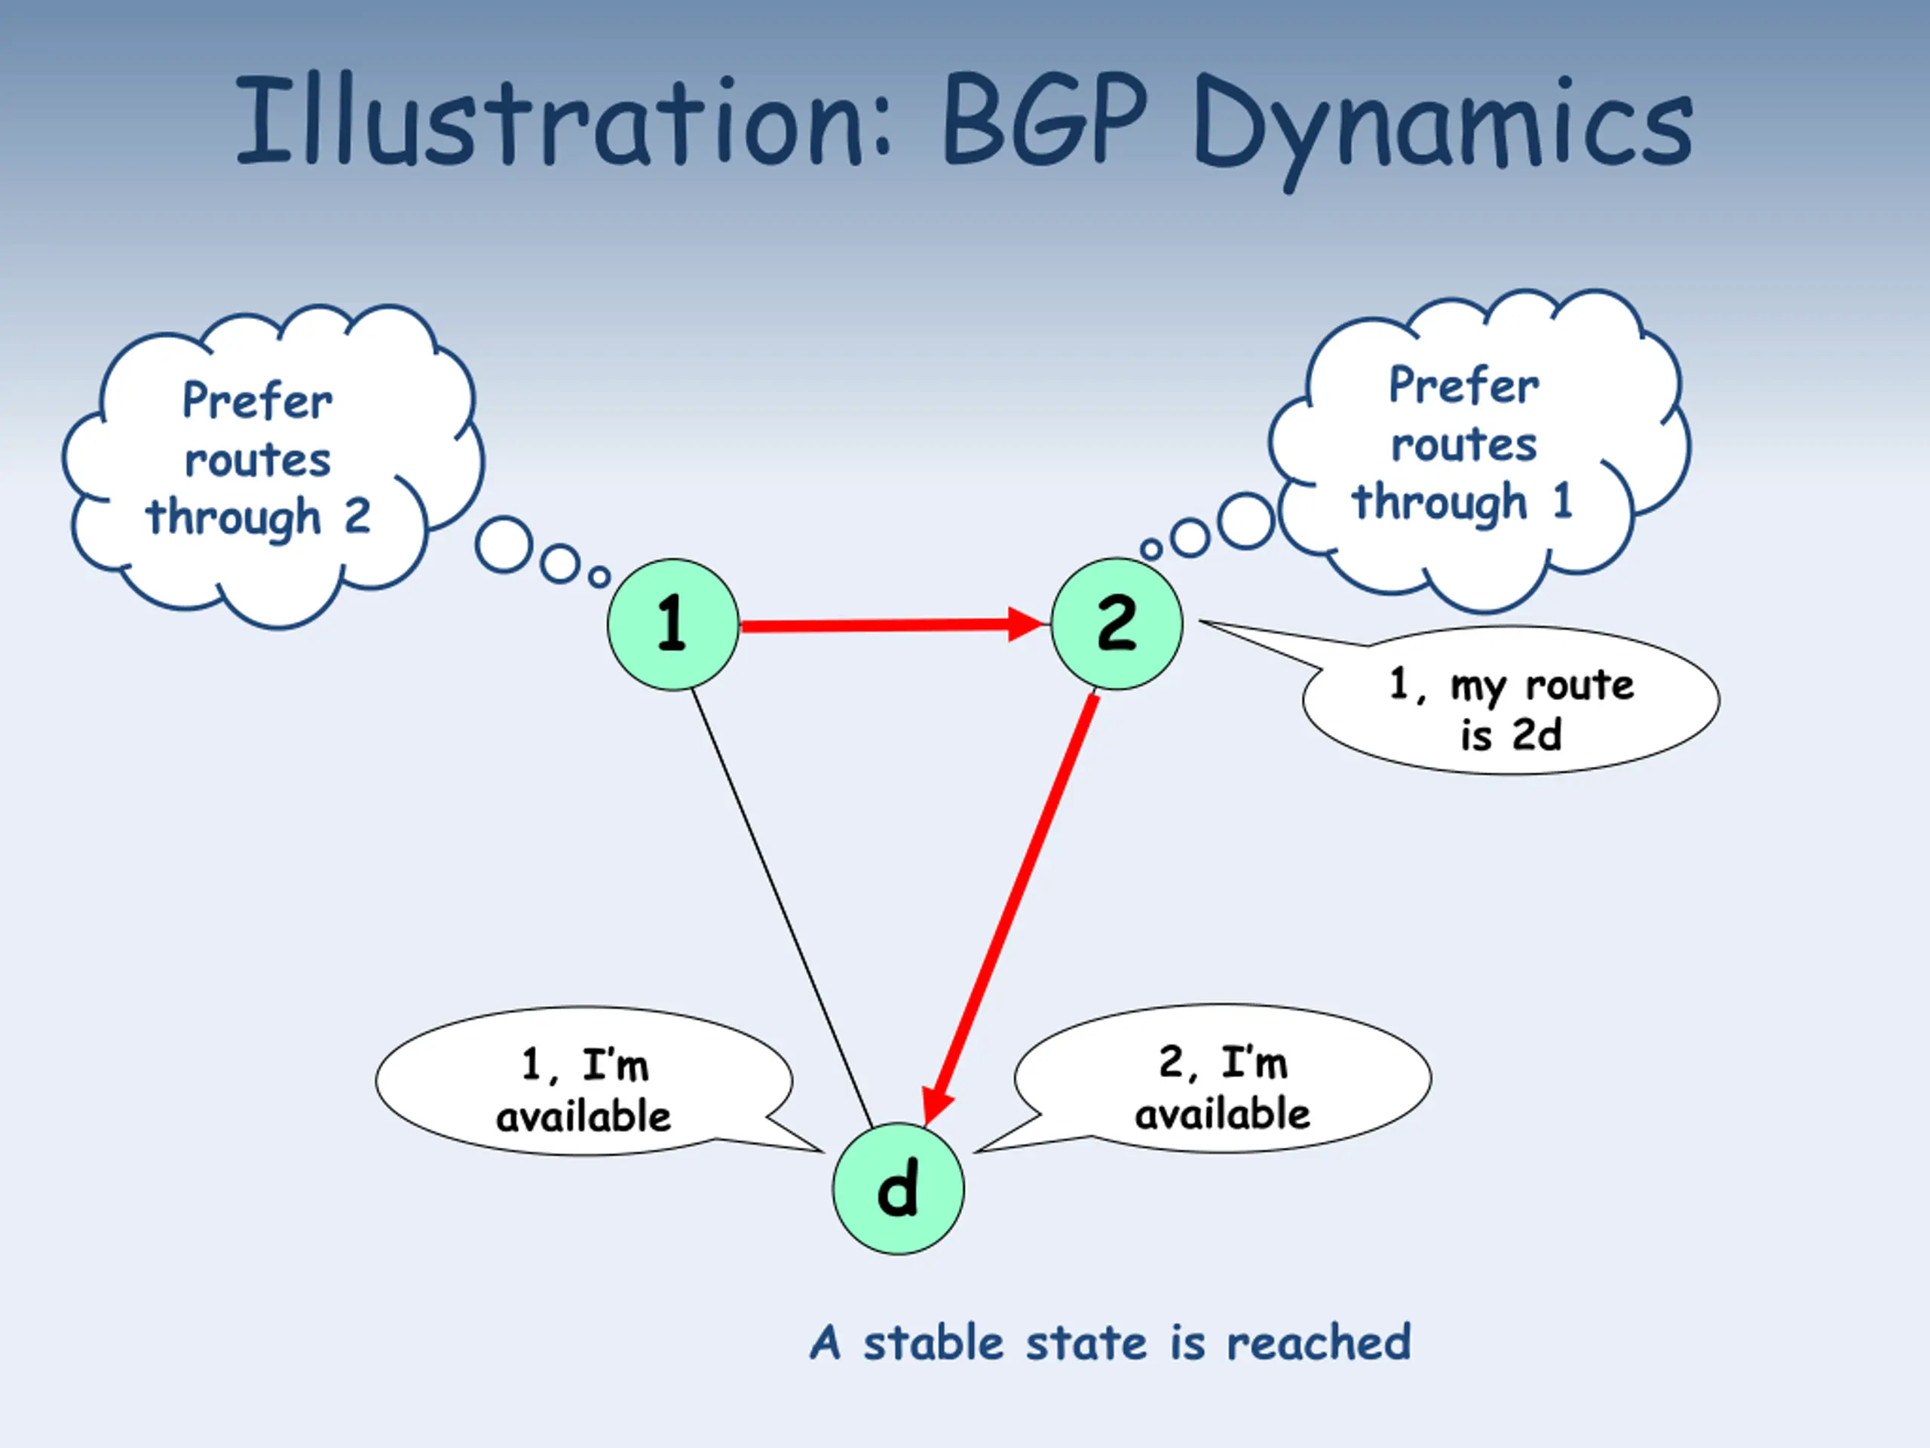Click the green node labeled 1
click(x=672, y=625)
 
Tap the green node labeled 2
click(x=1117, y=625)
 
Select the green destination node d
click(x=898, y=1189)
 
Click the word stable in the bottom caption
click(x=933, y=1342)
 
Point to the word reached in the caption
click(x=1319, y=1342)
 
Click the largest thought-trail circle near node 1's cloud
click(x=504, y=545)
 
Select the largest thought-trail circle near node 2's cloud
click(x=1245, y=521)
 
